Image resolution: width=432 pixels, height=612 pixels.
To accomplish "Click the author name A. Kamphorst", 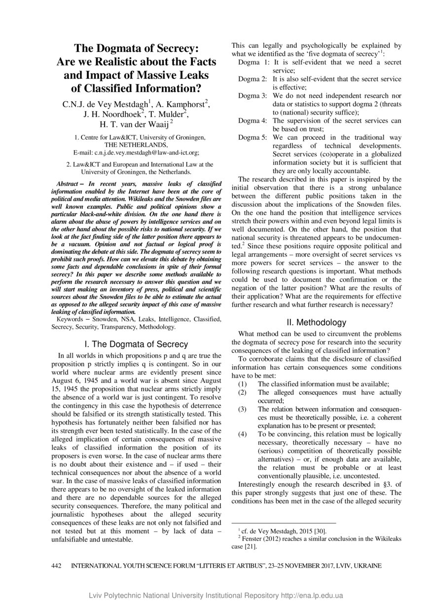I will point(183,104).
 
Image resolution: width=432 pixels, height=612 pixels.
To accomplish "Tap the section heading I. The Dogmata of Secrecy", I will point(137,344).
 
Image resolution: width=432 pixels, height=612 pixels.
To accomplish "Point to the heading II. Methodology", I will point(316,323).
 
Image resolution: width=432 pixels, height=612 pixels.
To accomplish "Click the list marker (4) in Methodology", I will point(242,434).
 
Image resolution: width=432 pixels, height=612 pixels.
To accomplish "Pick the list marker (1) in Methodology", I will point(242,384).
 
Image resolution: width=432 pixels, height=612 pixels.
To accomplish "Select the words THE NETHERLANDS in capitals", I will point(136,145).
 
